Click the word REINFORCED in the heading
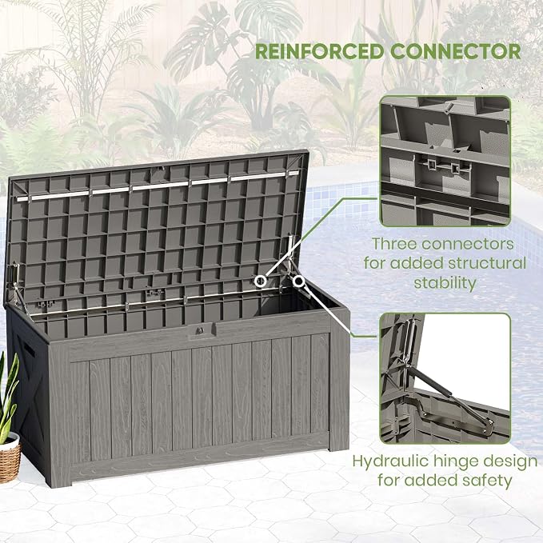[x=319, y=52]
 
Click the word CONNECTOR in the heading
[x=455, y=52]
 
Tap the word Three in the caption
[x=393, y=244]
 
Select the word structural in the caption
[x=487, y=263]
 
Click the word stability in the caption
[x=445, y=283]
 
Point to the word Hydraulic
[x=390, y=461]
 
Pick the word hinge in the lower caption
[x=455, y=462]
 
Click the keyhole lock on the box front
[x=200, y=330]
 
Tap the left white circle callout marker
[x=261, y=281]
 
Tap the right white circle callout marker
[x=298, y=281]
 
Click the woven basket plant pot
[x=9, y=457]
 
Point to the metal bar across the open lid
[x=158, y=186]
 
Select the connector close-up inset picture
[x=445, y=162]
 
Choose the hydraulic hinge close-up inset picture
[x=445, y=378]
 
